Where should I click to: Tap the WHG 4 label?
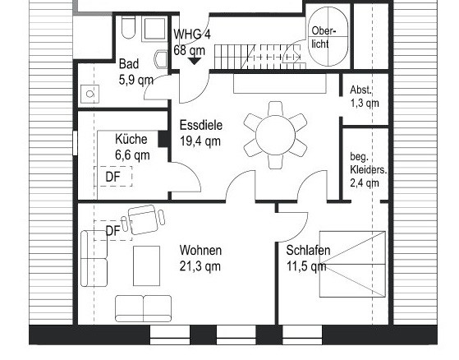tap(192, 34)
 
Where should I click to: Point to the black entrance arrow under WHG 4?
tap(195, 59)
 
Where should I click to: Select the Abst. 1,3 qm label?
tap(364, 97)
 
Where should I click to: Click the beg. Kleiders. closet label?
tap(364, 168)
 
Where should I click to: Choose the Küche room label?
tap(131, 140)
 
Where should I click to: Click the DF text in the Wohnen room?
tap(112, 231)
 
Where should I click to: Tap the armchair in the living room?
tap(145, 219)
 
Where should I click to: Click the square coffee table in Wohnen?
tap(147, 265)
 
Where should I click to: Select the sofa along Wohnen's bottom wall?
tap(143, 308)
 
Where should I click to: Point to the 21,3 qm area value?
tap(200, 266)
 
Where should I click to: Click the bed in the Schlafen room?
tap(351, 263)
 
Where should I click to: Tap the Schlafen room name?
tap(308, 251)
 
